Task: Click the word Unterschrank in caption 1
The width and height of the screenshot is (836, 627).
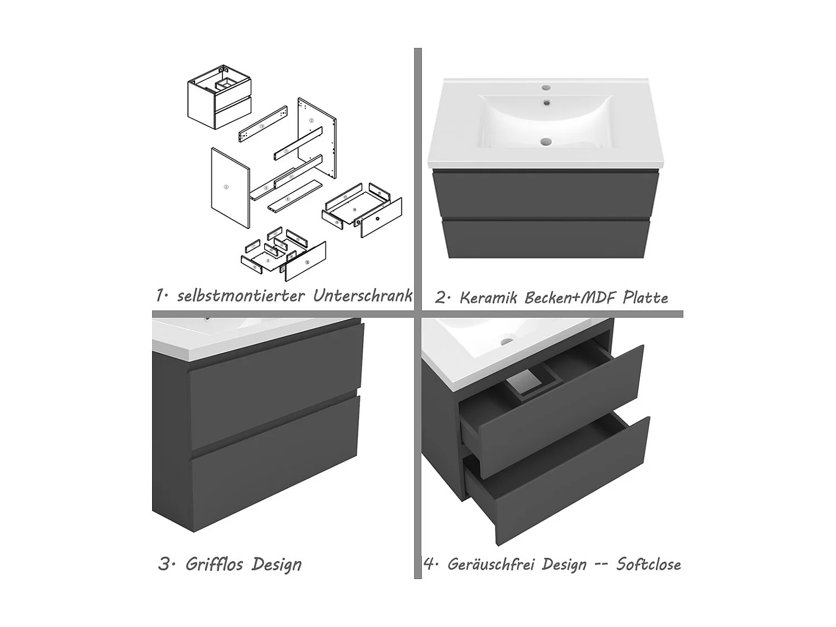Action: click(x=362, y=295)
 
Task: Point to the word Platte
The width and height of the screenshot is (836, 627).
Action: click(x=645, y=297)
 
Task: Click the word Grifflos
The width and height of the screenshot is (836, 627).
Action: click(x=215, y=564)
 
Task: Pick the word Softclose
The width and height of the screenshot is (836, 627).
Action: click(x=649, y=564)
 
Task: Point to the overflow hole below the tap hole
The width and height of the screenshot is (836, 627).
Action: click(x=547, y=102)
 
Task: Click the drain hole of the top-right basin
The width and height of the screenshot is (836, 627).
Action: click(x=546, y=142)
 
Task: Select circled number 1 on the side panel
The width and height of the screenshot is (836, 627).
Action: click(x=226, y=187)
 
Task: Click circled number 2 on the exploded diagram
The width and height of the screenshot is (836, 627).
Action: click(x=312, y=121)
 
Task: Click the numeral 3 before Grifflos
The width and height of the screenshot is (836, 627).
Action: click(x=164, y=564)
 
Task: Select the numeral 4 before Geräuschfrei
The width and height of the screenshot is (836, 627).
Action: click(x=429, y=564)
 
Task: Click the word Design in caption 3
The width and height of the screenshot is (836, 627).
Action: click(x=276, y=564)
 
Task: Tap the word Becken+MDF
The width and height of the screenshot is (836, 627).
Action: click(x=570, y=298)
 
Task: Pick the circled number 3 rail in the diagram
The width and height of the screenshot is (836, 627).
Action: click(x=263, y=124)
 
